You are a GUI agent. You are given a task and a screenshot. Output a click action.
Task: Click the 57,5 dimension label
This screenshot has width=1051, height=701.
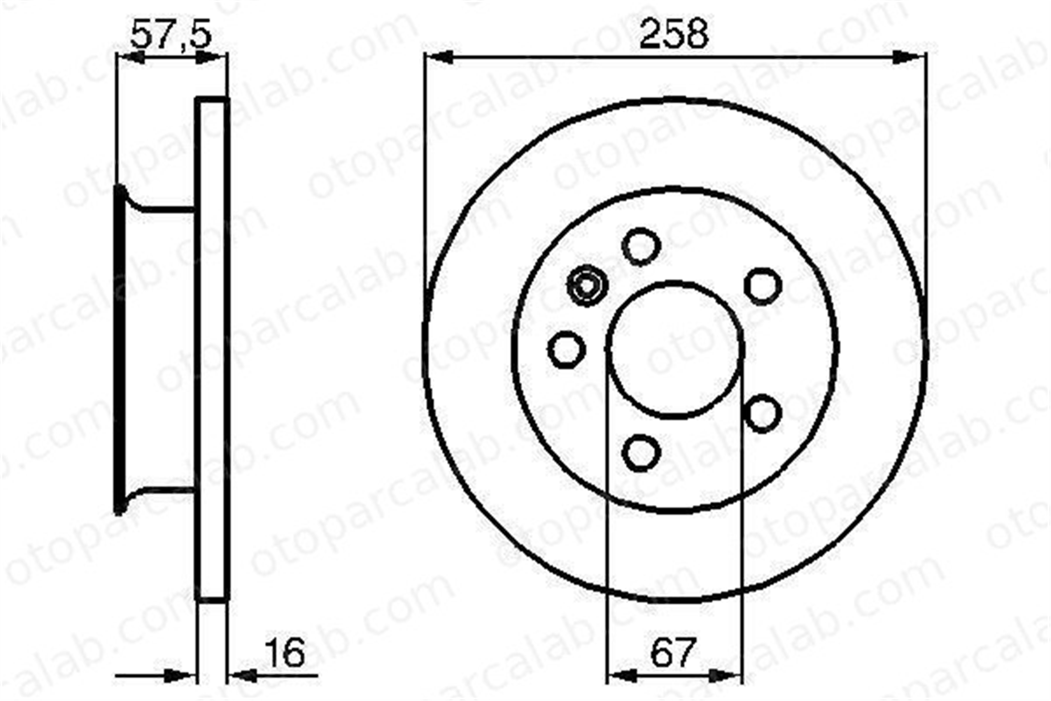pos(170,34)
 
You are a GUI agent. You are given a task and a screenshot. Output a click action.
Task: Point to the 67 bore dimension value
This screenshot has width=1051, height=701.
pos(673,652)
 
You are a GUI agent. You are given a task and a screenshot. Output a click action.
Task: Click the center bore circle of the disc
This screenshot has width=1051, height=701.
pos(607,350)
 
